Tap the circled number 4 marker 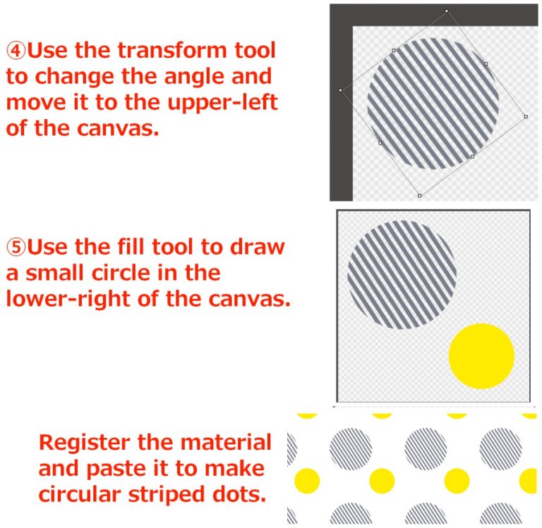[17, 51]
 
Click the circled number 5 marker [17, 247]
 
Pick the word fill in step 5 [147, 247]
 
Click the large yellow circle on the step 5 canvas [481, 356]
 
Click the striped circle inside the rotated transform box [433, 103]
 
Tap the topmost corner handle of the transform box [447, 11]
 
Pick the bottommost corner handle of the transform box [419, 195]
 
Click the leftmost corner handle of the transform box [340, 90]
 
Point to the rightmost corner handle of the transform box [526, 116]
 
